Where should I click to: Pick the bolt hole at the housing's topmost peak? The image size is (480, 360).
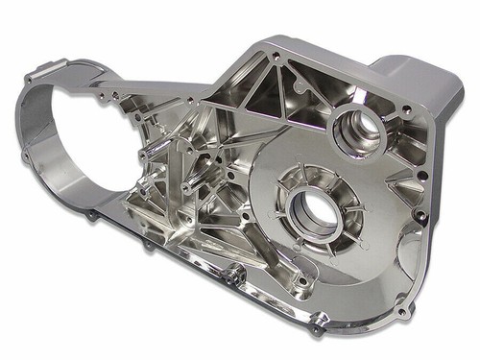tap(278, 57)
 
